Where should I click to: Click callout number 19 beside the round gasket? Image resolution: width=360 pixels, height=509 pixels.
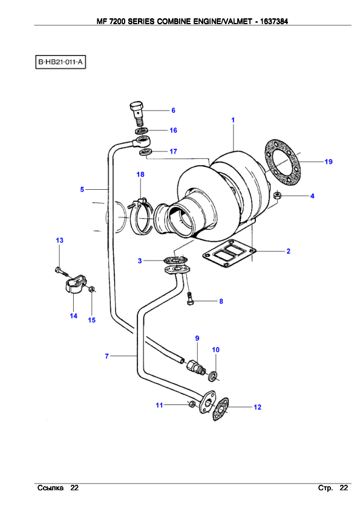pos(329,161)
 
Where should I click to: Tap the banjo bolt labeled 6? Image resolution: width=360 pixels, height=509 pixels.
pos(137,113)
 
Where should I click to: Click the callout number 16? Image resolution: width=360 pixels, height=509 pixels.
pos(173,130)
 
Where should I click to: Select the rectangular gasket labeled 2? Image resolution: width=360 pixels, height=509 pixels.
pos(229,253)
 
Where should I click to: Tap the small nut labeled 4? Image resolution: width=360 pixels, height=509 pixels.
pos(277,195)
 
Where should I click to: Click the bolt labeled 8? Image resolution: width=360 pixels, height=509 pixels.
pos(190,299)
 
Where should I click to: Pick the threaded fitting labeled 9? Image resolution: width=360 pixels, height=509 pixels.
pos(195,368)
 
